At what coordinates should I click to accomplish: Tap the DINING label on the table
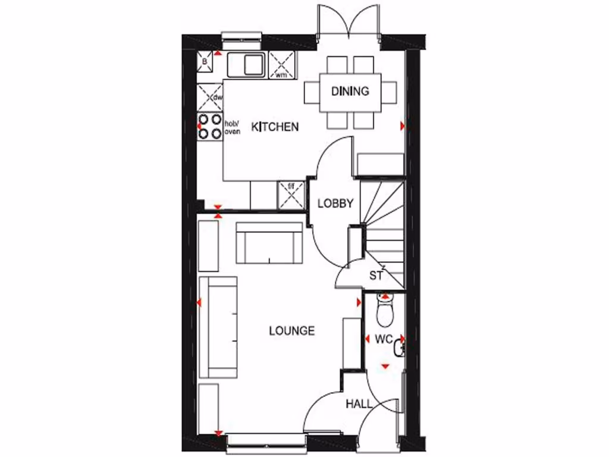coord(350,91)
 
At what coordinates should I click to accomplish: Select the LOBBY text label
coord(335,203)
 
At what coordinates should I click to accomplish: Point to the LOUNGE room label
coord(291,331)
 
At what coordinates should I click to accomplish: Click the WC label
coord(383,340)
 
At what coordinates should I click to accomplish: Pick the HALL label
coord(359,404)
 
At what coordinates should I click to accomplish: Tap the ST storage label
coord(376,276)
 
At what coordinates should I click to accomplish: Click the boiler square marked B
coord(205,61)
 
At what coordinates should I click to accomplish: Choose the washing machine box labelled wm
coord(282,64)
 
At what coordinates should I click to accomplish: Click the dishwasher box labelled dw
coord(210,96)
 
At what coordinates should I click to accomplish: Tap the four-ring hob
coord(209,126)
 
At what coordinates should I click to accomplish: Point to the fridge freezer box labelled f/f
coord(291,196)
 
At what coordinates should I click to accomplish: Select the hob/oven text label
coord(232,127)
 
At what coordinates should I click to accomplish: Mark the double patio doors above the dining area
coord(349,23)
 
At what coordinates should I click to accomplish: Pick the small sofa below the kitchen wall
coord(269,243)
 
